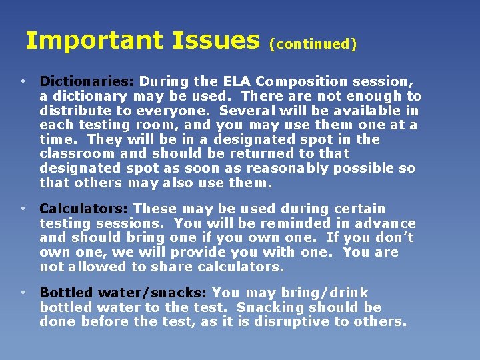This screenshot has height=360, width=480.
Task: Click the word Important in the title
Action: pyautogui.click(x=94, y=41)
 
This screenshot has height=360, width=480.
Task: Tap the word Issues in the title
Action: pyautogui.click(x=215, y=41)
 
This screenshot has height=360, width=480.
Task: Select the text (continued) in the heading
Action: pyautogui.click(x=313, y=45)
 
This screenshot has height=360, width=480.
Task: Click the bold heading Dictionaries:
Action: pyautogui.click(x=87, y=81)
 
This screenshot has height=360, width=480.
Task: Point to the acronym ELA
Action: pyautogui.click(x=237, y=81)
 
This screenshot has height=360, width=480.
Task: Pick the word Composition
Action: pyautogui.click(x=297, y=81)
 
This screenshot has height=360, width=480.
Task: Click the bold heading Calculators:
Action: pyautogui.click(x=85, y=209)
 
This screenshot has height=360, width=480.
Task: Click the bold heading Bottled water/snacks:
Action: pyautogui.click(x=123, y=293)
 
